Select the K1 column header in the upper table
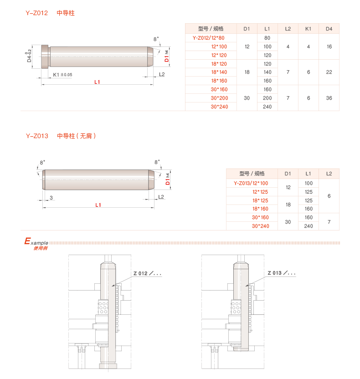[x=308, y=29]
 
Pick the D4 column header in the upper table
[x=329, y=29]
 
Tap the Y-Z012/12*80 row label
[x=208, y=38]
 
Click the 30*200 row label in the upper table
[x=219, y=98]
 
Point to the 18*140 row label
[x=219, y=72]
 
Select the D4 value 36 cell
[x=329, y=98]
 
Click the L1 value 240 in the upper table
[x=267, y=107]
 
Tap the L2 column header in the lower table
[x=329, y=174]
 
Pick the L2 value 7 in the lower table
[x=329, y=222]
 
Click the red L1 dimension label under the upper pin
[x=97, y=82]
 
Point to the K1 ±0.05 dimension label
[x=62, y=74]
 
